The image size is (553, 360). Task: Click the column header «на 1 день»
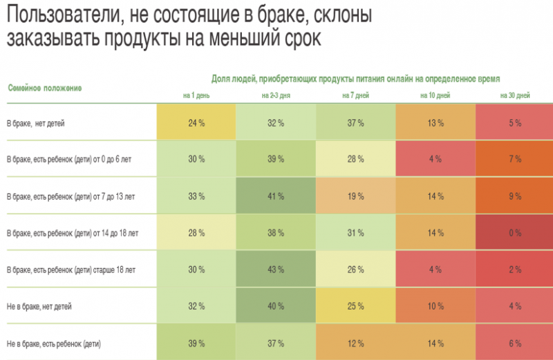click(196, 95)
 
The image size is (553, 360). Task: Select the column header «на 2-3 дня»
click(276, 95)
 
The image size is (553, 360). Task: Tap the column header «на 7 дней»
click(355, 95)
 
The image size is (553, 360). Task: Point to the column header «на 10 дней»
click(435, 95)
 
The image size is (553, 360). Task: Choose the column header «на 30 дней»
click(514, 95)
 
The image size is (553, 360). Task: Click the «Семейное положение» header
click(45, 88)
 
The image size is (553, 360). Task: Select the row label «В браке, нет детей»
click(36, 123)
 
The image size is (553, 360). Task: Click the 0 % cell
click(514, 233)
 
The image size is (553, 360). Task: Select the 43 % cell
click(276, 269)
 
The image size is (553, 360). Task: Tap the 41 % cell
click(276, 196)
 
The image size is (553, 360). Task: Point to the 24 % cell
click(196, 123)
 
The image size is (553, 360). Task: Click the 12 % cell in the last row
click(355, 342)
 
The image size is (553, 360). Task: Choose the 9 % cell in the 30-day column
click(514, 196)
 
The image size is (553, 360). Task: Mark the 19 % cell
click(355, 196)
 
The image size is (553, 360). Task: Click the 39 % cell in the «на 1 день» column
click(196, 342)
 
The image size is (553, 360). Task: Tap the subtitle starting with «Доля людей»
click(355, 79)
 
